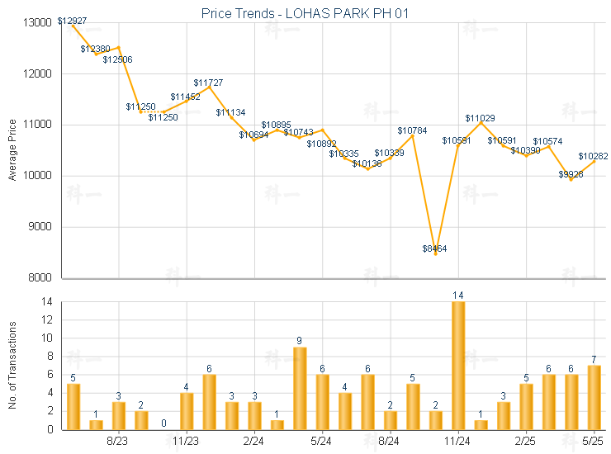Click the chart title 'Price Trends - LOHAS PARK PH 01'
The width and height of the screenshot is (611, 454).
305,13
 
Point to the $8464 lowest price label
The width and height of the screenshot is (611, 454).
434,248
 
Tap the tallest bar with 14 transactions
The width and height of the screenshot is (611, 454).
458,365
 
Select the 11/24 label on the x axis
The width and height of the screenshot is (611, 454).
458,442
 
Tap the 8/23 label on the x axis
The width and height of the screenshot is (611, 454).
119,442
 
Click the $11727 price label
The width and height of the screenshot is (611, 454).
208,83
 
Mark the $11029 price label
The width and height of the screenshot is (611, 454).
480,118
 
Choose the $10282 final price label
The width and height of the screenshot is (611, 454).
593,156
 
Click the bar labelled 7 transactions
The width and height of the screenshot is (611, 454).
594,397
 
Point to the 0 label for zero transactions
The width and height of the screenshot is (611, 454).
164,423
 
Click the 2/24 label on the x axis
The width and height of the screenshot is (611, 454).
254,442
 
